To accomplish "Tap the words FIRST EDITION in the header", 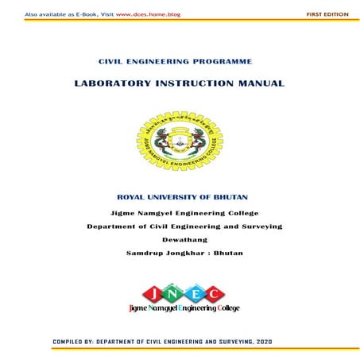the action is (x=327, y=14).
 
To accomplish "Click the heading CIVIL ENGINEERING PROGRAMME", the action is (x=174, y=61).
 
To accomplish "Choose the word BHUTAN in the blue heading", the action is (x=234, y=195).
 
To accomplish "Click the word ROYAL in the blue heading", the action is (x=132, y=195).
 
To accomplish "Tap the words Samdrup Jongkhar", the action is (x=161, y=253).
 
